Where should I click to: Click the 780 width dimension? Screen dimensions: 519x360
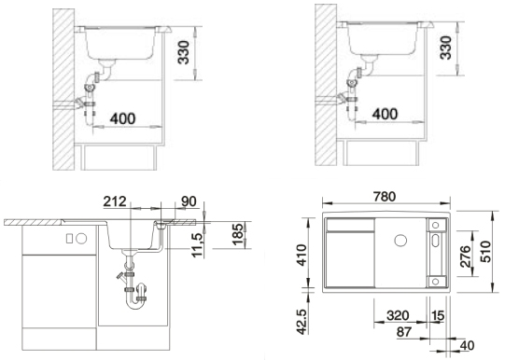385,197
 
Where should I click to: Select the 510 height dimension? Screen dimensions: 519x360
486,252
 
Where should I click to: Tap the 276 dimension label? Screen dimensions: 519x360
466,256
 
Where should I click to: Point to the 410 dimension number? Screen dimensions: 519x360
302,255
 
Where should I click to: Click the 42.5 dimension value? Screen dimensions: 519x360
302,322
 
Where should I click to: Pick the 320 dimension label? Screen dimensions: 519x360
398,316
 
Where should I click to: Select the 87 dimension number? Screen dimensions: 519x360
404,332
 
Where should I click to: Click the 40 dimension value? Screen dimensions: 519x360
467,346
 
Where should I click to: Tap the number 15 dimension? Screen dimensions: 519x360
438,316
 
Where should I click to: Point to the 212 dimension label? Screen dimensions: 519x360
115,201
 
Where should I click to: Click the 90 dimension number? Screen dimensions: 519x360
189,201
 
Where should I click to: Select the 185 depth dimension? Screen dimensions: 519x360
237,234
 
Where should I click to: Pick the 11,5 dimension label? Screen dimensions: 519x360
197,245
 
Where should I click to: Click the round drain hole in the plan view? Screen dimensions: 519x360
400,240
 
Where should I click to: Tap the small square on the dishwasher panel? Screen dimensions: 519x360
69,239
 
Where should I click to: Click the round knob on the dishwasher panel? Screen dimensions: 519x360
81,239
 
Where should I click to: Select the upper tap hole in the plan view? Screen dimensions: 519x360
436,225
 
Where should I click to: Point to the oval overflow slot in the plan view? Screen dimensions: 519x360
435,241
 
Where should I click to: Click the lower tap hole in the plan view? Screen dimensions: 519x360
436,282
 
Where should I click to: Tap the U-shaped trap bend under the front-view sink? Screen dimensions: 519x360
134,302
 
